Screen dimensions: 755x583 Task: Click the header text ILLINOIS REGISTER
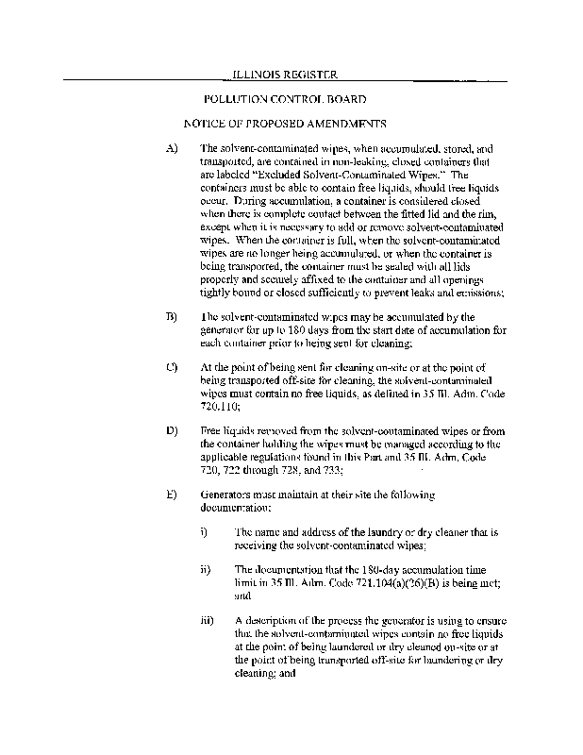284,73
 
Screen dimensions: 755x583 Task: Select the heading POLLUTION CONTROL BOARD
285,98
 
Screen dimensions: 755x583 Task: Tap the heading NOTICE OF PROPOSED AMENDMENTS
285,124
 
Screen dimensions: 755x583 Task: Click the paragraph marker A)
171,149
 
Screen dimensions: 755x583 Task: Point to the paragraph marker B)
171,317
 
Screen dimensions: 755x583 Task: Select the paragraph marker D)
171,430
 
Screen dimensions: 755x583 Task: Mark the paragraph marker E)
171,494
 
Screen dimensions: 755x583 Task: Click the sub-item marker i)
205,532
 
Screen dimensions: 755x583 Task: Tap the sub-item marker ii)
207,570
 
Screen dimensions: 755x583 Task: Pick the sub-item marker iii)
208,620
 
